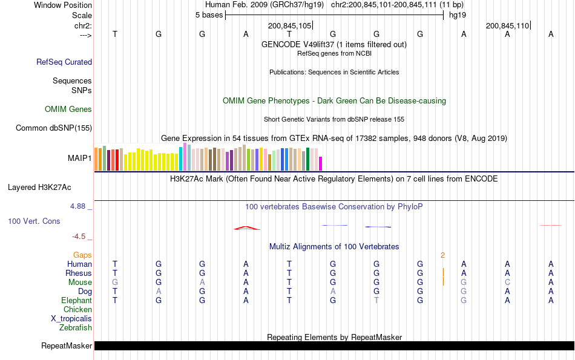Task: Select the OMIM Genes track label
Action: coord(68,110)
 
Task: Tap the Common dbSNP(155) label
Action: coord(54,128)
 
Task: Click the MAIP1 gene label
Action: coord(80,159)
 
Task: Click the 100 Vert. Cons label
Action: coord(34,221)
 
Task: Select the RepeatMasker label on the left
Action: coord(67,346)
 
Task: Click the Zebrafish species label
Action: coord(76,328)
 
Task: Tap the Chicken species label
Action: coord(77,310)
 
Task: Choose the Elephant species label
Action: coord(76,301)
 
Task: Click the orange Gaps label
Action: coord(82,255)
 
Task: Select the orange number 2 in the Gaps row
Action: coord(442,255)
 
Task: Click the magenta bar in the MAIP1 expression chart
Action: coord(321,163)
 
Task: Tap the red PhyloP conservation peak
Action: coord(247,228)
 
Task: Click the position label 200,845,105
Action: coord(289,25)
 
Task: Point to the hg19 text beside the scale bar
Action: coord(457,15)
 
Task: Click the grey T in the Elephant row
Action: coord(376,301)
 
